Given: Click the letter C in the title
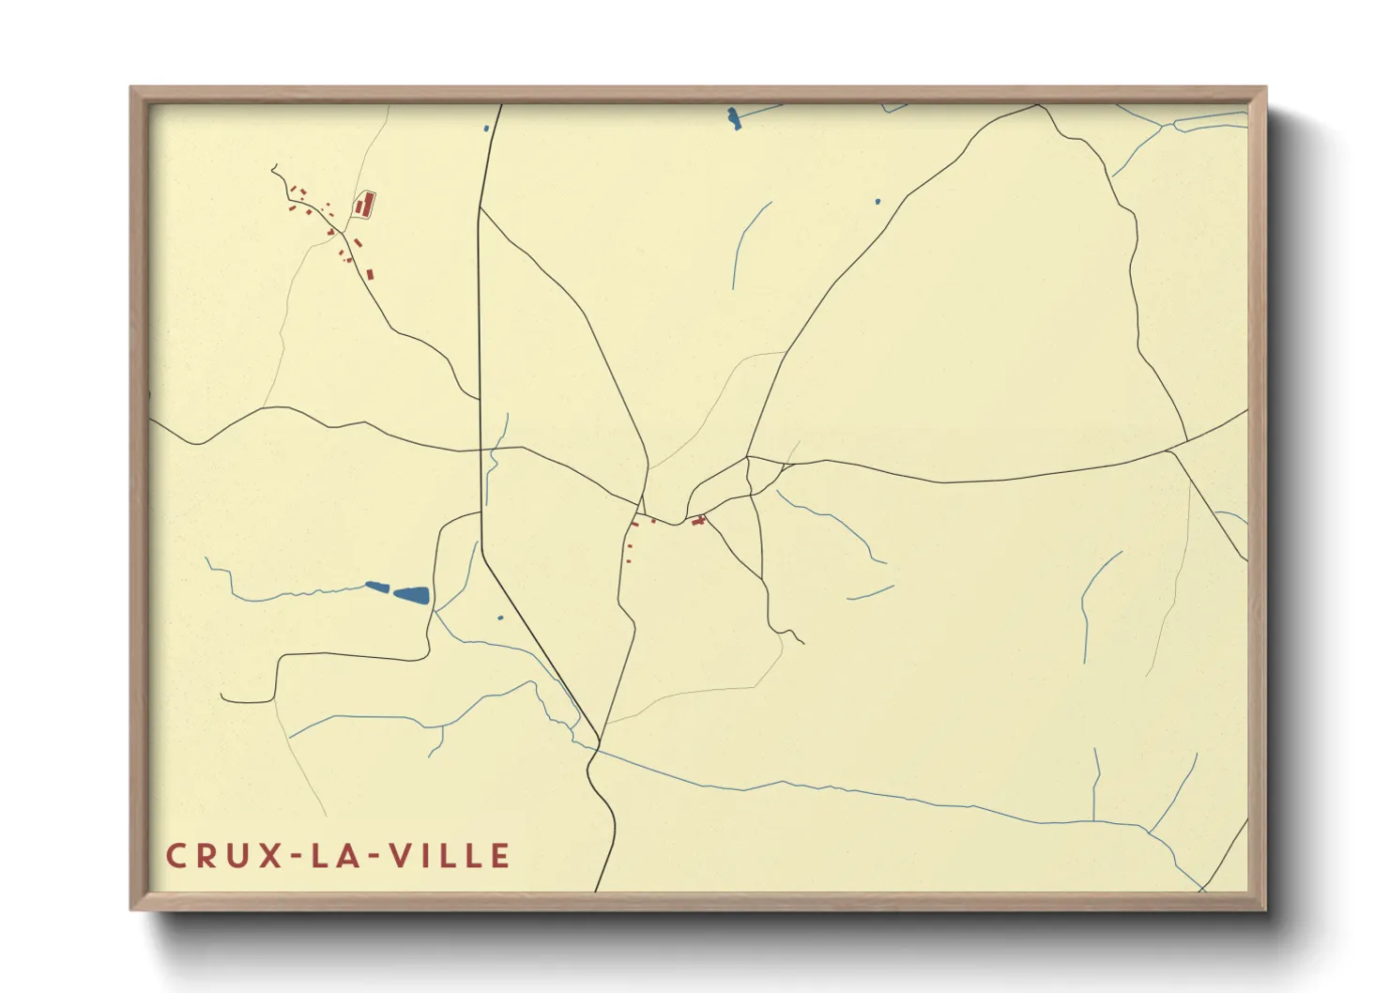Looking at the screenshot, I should (x=176, y=856).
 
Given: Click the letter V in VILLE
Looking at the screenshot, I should (x=401, y=856).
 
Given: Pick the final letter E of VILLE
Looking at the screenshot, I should (x=500, y=856).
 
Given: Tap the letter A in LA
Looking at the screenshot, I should (x=346, y=856).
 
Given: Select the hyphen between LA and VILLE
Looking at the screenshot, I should (x=374, y=857).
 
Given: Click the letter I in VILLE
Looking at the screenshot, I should (x=425, y=856).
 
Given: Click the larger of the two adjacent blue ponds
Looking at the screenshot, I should (x=412, y=594).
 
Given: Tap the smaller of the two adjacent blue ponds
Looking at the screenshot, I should (x=377, y=588).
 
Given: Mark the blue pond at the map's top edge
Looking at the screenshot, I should (x=733, y=117).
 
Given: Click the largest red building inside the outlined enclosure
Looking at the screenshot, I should (x=368, y=202).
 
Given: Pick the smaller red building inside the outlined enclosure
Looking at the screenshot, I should (x=359, y=206).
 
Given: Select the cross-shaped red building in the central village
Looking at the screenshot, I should (x=698, y=520).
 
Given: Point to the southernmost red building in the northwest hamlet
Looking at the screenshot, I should (x=370, y=274).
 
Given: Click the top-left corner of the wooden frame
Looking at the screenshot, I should (x=131, y=88).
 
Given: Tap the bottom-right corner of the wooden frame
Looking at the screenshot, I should (x=1265, y=909).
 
